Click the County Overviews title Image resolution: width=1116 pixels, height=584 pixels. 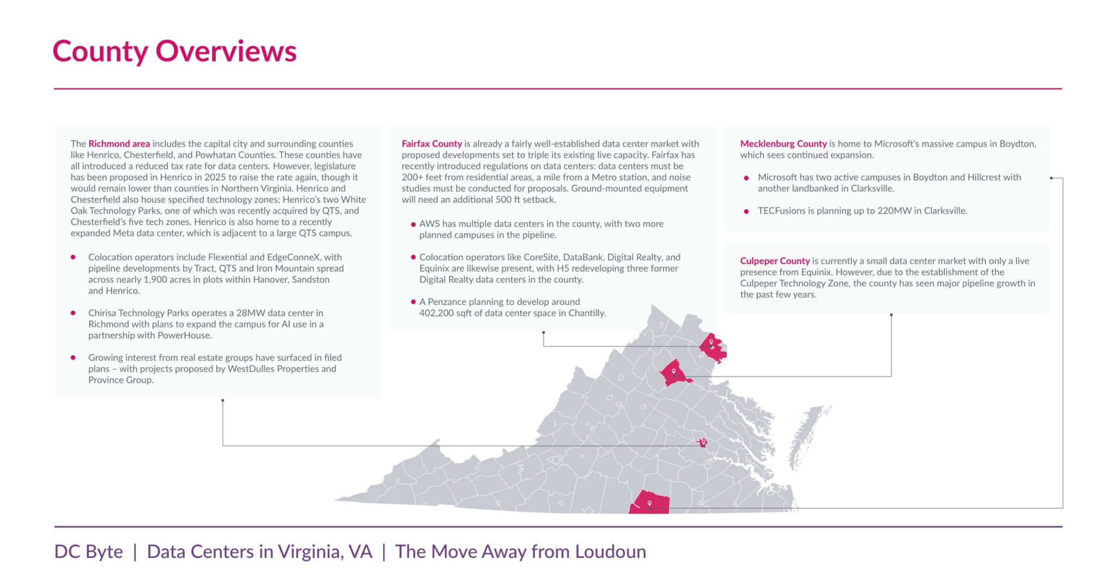(174, 51)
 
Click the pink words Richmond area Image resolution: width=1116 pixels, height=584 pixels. (119, 144)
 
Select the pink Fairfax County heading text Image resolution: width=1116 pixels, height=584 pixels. (432, 144)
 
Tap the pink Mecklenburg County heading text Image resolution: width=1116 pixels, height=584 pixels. (783, 144)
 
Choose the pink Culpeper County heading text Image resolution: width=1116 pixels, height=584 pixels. (774, 261)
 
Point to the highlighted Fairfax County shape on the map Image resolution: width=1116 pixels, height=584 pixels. (713, 348)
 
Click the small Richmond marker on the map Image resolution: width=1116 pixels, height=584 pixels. (703, 442)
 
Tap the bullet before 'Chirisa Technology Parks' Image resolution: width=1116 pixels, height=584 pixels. (73, 313)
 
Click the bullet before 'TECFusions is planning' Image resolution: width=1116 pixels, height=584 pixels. (746, 211)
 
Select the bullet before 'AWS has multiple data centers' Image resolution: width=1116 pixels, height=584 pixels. (413, 224)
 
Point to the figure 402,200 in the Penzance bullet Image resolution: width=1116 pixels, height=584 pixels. (436, 313)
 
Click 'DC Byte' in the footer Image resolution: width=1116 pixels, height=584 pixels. (88, 551)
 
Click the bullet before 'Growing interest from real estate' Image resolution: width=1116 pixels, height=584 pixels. (73, 357)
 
